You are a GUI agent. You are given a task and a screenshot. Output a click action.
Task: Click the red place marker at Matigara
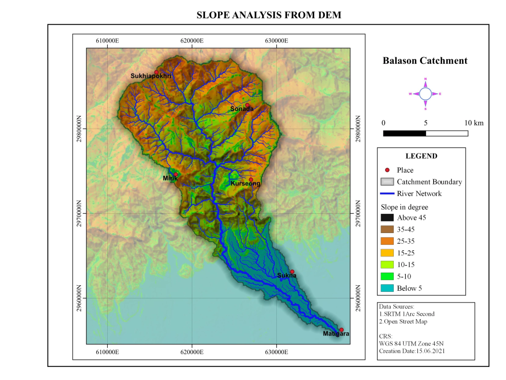(x=342, y=330)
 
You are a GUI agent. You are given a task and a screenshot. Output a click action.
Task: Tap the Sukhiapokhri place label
(x=151, y=76)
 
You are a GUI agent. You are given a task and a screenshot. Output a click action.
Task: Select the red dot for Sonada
(x=247, y=105)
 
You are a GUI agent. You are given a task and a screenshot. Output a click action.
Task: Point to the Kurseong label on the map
(x=245, y=184)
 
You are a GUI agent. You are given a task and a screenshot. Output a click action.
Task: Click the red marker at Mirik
(x=176, y=174)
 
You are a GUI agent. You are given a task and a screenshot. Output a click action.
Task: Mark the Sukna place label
(x=286, y=276)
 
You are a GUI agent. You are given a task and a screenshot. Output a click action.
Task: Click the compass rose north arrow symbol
(x=426, y=94)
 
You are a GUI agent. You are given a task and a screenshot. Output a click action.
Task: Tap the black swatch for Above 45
(x=387, y=218)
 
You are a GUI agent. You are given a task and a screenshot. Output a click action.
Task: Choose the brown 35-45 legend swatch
(x=387, y=230)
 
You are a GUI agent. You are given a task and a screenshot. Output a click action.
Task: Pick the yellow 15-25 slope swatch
(x=387, y=253)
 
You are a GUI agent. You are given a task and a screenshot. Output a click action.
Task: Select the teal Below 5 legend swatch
(x=387, y=288)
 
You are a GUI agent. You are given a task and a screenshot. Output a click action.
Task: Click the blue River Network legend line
(x=387, y=194)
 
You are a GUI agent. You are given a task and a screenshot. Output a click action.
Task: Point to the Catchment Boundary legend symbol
(x=387, y=182)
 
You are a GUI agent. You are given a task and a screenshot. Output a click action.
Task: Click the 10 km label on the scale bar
(x=474, y=123)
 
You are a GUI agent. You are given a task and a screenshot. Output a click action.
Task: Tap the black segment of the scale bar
(x=404, y=133)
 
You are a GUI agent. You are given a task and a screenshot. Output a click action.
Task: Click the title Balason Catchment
(x=425, y=61)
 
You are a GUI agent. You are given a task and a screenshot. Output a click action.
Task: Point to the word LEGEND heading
(x=421, y=156)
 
